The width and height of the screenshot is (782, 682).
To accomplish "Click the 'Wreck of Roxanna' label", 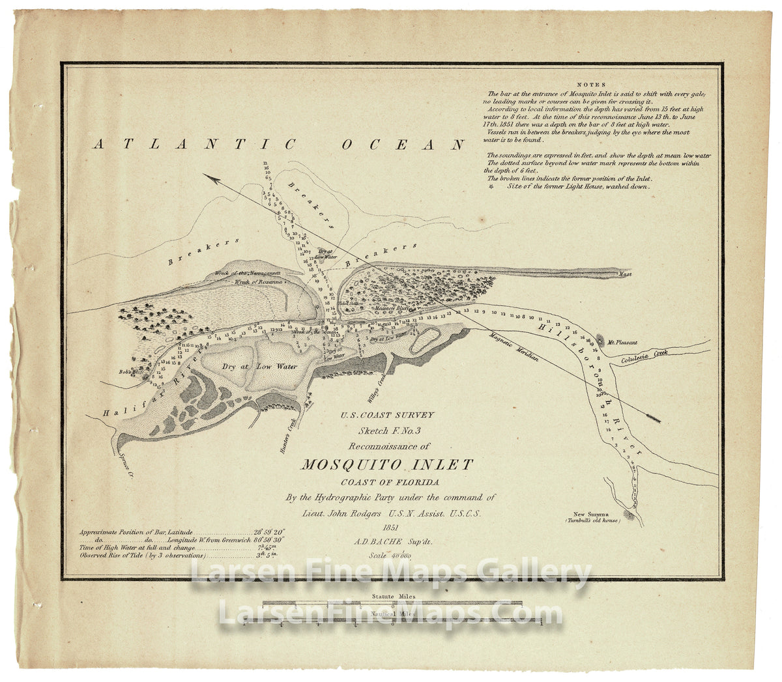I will point(259,282).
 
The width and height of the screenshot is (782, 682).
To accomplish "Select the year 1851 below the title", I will point(391,527).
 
